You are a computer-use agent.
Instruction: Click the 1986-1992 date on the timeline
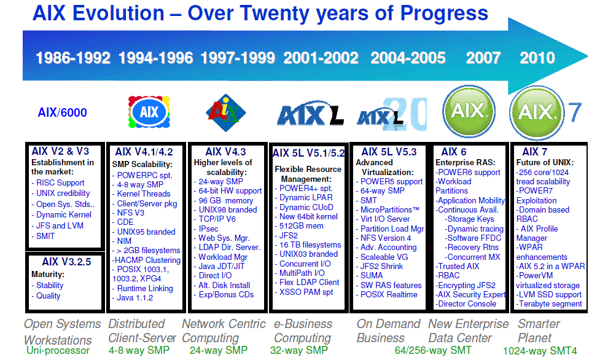73,58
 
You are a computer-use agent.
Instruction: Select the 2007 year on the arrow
483,58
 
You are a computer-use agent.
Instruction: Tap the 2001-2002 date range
321,58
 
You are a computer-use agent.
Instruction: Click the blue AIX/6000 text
62,112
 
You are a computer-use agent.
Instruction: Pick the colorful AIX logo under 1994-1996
149,112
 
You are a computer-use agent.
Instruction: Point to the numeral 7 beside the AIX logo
574,112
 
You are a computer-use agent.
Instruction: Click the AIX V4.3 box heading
225,152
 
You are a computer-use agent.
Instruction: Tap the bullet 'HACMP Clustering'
146,260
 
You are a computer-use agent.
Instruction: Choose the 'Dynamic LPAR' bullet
306,198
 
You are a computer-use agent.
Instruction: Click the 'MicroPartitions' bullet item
389,209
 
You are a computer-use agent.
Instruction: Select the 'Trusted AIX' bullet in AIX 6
458,267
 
